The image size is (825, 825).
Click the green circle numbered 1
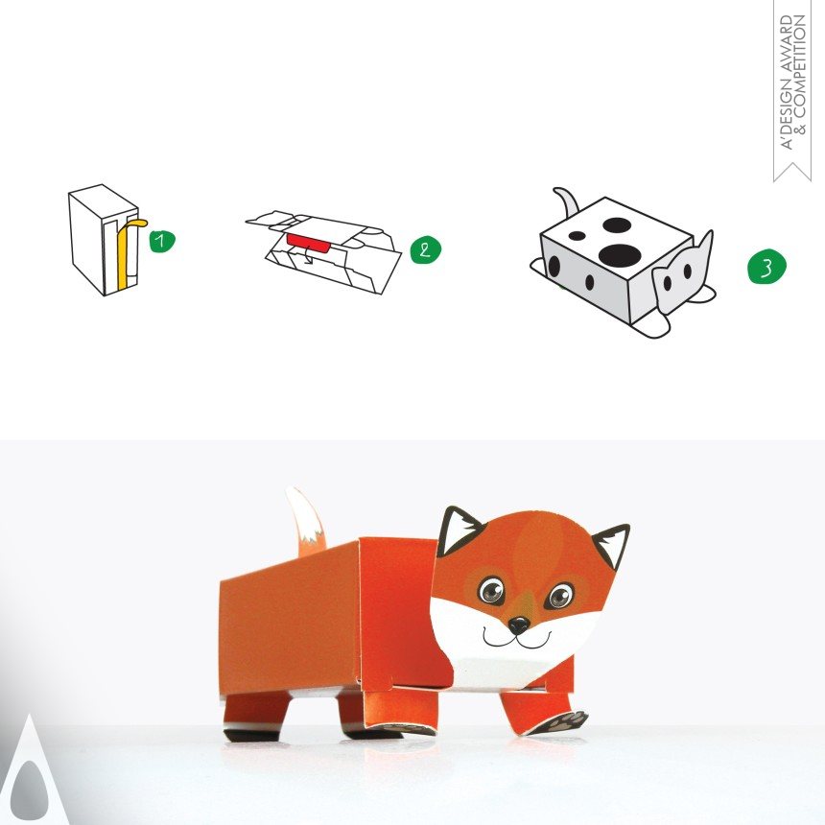[x=161, y=241]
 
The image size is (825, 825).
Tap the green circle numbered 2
[x=425, y=249]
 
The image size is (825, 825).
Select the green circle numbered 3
[x=766, y=267]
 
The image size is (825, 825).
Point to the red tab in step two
[x=308, y=244]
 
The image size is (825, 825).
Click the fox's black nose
[x=518, y=625]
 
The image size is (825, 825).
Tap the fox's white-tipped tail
[x=306, y=522]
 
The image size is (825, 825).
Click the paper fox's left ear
[x=457, y=530]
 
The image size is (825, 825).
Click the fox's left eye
[x=491, y=589]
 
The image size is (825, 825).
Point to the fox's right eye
[x=560, y=596]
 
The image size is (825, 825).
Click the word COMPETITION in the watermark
[x=800, y=66]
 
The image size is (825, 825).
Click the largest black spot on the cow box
[x=620, y=255]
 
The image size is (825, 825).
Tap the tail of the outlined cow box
[x=566, y=203]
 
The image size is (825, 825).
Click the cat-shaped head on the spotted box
[x=682, y=272]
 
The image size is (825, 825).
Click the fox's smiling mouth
[x=516, y=640]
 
